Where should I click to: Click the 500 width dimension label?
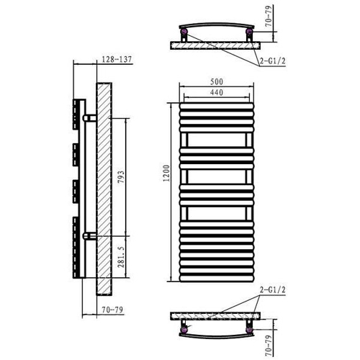tap(217, 81)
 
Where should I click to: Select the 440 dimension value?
tap(217, 92)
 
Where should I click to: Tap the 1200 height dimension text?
tap(166, 174)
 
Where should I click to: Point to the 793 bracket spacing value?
tap(121, 177)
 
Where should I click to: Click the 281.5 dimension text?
tap(121, 256)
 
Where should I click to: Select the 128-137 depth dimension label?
tap(117, 59)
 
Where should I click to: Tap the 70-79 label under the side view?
tap(112, 310)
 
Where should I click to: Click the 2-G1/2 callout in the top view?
tap(273, 61)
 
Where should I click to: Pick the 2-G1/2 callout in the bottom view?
tap(273, 290)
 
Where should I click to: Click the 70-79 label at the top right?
tap(269, 17)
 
